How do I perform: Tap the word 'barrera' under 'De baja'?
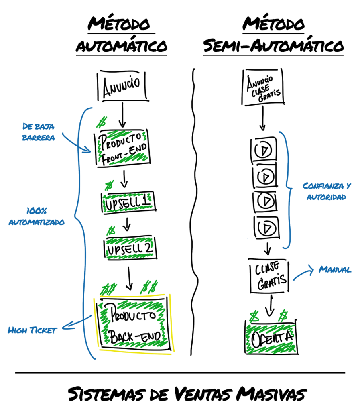38,138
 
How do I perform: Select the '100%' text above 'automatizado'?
37,210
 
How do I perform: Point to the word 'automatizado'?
37,222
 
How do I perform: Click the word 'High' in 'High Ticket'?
17,330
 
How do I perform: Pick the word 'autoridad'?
326,197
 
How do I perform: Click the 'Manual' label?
335,270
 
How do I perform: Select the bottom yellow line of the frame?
135,352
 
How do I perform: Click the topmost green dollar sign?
102,122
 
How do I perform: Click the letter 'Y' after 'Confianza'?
348,186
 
